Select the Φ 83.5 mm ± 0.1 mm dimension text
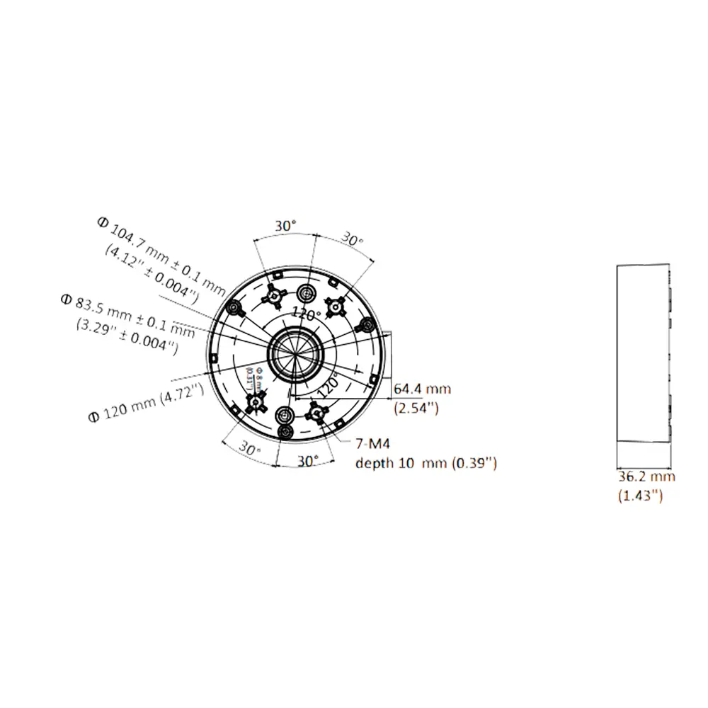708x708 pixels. pos(127,312)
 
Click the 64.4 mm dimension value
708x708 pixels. pos(422,389)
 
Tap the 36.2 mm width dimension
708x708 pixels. pos(646,476)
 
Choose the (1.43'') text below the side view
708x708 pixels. pos(640,496)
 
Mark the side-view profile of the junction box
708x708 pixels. pos(642,352)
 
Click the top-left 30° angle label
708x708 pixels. pos(285,225)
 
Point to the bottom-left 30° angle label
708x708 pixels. pos(249,449)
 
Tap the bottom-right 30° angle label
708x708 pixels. pos(307,460)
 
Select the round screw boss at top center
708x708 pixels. pos(307,293)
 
